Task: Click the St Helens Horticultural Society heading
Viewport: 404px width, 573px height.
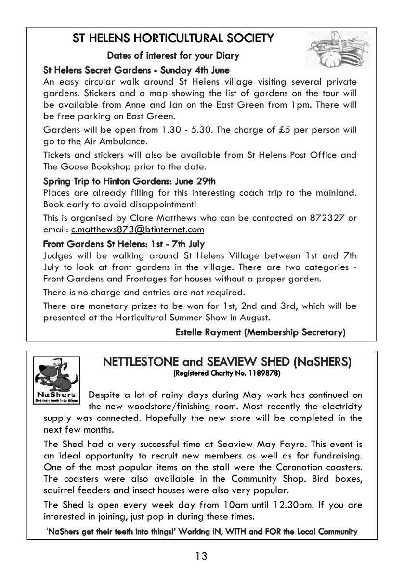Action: coord(173,38)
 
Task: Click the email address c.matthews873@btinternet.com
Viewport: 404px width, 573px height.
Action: coord(138,229)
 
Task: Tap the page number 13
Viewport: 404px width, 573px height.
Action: coord(201,556)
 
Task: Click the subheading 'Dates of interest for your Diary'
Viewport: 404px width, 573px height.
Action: coord(173,56)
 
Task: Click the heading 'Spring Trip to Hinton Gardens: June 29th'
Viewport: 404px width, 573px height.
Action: coord(130,181)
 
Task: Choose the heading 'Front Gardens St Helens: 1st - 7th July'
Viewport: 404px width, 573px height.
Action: coord(124,244)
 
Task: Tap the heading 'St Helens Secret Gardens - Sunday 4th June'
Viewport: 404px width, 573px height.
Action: coord(136,70)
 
